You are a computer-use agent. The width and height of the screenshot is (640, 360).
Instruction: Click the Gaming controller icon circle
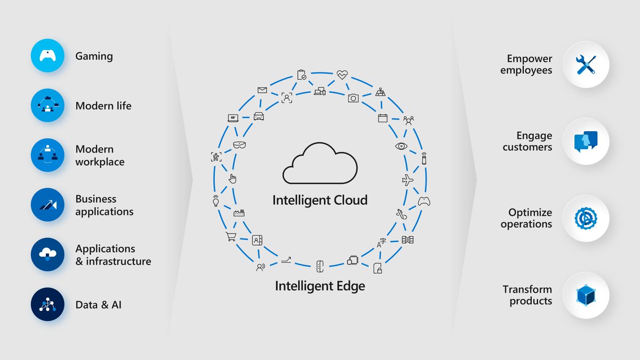point(47,56)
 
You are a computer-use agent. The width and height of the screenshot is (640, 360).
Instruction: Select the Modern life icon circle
point(47,106)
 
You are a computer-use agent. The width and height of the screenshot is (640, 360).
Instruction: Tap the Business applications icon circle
point(47,205)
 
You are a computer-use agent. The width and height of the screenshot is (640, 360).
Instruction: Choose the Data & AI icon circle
point(47,305)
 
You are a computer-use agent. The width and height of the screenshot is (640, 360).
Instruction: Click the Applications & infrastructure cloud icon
point(47,255)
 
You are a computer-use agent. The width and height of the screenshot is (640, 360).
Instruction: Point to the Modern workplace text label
point(100,155)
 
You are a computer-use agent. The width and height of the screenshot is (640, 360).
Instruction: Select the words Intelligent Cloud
point(319,201)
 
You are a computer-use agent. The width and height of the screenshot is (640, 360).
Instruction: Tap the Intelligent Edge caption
point(319,286)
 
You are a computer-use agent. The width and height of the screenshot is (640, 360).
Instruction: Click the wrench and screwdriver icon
point(586,65)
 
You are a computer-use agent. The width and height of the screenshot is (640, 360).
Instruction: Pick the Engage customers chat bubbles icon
point(586,141)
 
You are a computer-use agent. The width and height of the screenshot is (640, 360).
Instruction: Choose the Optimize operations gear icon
point(586,218)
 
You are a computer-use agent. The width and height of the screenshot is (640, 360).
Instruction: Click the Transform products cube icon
point(586,295)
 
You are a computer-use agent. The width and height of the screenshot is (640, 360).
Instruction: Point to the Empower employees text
point(526,65)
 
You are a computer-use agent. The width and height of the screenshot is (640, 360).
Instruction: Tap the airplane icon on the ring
point(407,180)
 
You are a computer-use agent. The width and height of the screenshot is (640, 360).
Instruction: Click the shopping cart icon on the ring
point(231,237)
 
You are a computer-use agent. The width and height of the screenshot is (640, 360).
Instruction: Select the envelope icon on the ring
point(262,90)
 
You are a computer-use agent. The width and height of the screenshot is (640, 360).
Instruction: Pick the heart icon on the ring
point(342,75)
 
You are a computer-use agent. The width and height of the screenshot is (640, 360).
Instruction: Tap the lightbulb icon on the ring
point(215,201)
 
